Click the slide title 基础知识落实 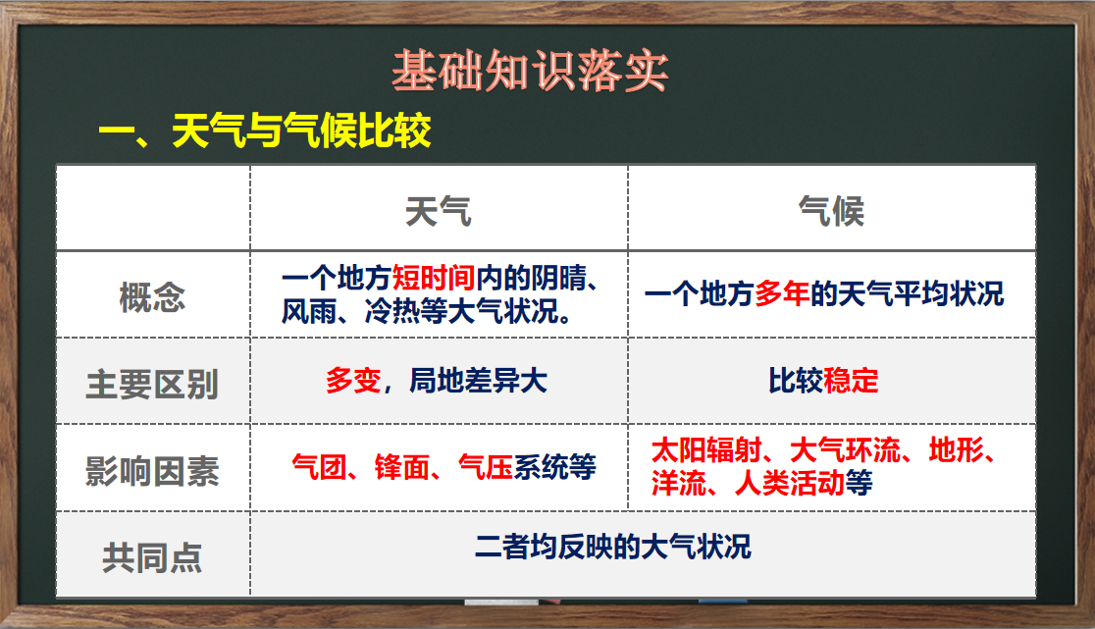click(x=530, y=71)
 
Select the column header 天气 click(x=439, y=211)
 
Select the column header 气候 click(x=831, y=211)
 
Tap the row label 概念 click(x=152, y=297)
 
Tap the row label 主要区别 click(x=152, y=385)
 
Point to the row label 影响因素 click(x=152, y=471)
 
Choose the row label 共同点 click(x=152, y=558)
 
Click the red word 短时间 click(x=434, y=279)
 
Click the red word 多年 click(x=782, y=294)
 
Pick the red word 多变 click(x=353, y=381)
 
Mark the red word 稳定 click(x=852, y=381)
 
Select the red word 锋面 click(x=402, y=468)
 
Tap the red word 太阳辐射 click(x=706, y=451)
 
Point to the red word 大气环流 click(x=845, y=451)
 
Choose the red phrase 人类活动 click(x=790, y=483)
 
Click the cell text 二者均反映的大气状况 click(x=613, y=547)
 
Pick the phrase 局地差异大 click(x=479, y=381)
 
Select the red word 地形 click(x=956, y=451)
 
